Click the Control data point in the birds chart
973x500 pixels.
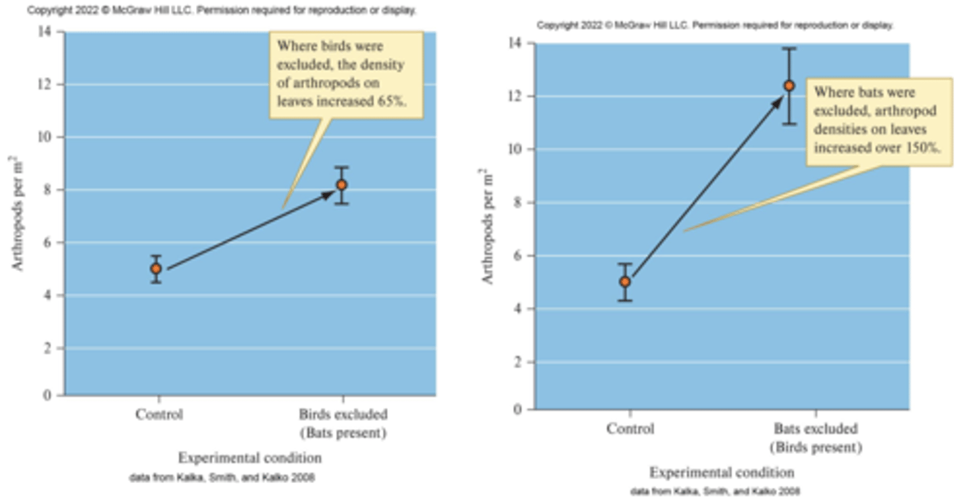point(156,268)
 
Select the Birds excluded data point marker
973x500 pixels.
point(342,184)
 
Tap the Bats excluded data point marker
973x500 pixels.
point(789,86)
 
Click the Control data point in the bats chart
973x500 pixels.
point(625,281)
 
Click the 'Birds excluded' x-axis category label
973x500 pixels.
point(343,414)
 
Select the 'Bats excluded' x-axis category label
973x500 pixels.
point(816,428)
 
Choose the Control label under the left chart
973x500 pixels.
point(159,414)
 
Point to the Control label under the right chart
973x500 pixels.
point(630,428)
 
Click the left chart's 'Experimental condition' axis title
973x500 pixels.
point(250,457)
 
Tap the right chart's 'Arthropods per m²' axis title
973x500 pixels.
point(489,226)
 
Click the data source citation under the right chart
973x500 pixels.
point(716,491)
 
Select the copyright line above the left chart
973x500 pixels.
point(222,11)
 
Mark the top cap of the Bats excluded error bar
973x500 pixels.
point(789,49)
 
